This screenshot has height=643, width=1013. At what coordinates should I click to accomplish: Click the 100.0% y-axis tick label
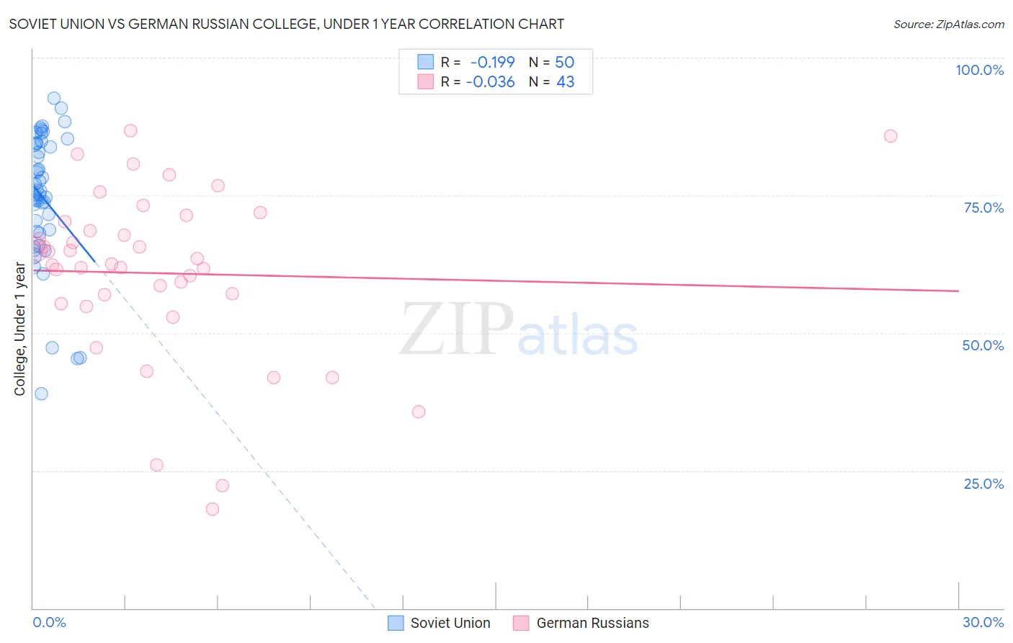click(x=979, y=70)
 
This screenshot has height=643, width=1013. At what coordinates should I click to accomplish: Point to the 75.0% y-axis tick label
click(x=983, y=208)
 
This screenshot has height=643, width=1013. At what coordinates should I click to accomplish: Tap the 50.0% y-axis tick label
click(x=983, y=345)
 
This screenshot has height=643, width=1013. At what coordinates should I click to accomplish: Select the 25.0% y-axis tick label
click(x=983, y=484)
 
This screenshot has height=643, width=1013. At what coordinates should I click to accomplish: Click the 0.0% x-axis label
click(x=49, y=622)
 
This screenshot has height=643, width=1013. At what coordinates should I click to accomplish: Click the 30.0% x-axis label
click(x=983, y=622)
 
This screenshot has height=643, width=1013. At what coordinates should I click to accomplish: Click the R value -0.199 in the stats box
click(x=492, y=63)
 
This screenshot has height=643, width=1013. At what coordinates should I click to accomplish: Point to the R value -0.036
click(x=490, y=82)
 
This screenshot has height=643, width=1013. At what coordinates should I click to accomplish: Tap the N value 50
click(x=564, y=63)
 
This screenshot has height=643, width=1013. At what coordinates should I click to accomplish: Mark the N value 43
click(x=565, y=82)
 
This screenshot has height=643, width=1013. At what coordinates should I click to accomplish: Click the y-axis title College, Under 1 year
click(x=20, y=329)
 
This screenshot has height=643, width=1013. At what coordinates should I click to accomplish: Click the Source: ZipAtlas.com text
click(x=948, y=25)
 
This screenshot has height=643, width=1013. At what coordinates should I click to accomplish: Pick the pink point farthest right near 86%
click(x=891, y=136)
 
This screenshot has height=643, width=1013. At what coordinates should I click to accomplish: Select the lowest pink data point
click(x=213, y=509)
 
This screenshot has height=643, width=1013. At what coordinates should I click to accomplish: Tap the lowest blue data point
click(x=41, y=394)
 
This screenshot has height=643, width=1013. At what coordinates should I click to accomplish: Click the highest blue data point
click(x=54, y=98)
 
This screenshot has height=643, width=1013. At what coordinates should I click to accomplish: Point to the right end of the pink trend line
click(x=958, y=291)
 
